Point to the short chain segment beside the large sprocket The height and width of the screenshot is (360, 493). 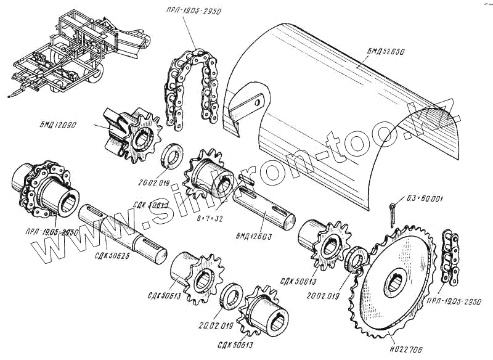click(x=450, y=259)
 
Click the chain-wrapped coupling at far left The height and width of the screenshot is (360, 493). click(x=39, y=188)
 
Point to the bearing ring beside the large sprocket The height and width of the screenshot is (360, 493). click(x=356, y=260)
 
